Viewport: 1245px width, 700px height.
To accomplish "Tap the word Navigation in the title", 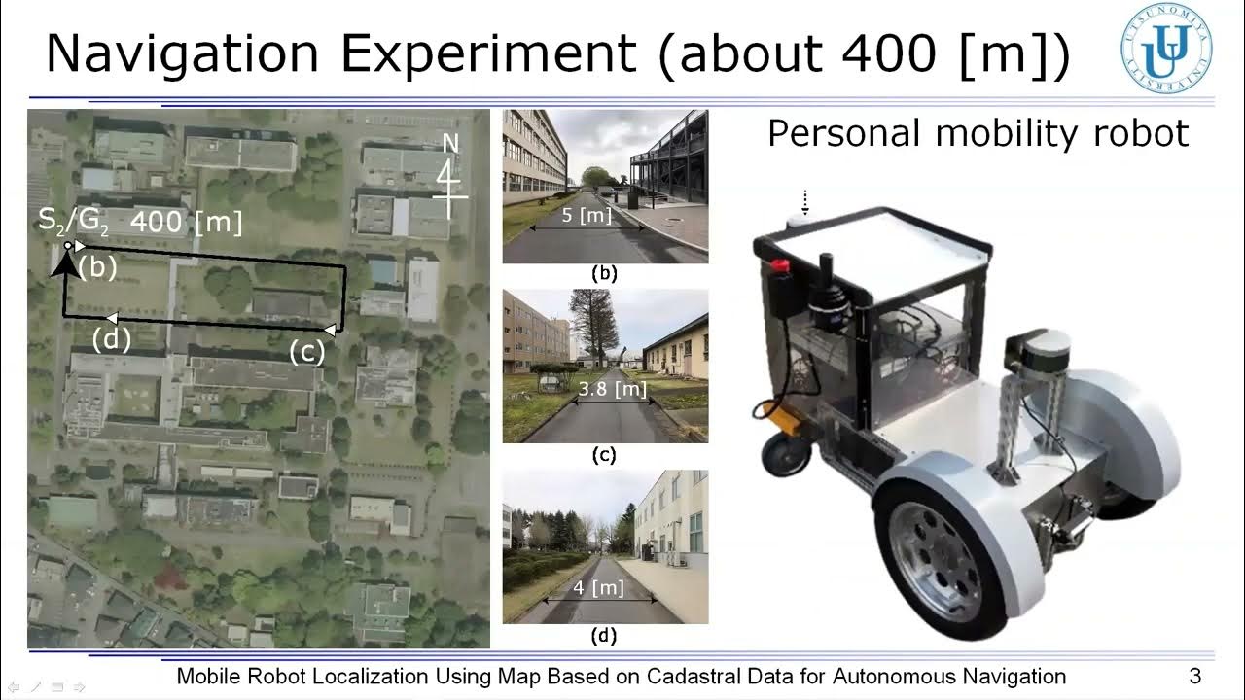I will [182, 55].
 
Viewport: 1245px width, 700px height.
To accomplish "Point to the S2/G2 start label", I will [74, 221].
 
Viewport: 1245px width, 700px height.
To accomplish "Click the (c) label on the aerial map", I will [306, 352].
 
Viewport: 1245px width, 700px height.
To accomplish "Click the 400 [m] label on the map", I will [185, 222].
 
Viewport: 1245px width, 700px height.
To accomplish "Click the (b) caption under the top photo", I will [605, 274].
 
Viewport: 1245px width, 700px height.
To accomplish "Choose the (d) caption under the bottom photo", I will [605, 637].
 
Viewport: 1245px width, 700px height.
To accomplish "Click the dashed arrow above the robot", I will [804, 202].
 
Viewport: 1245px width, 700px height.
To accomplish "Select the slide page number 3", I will [1195, 676].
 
